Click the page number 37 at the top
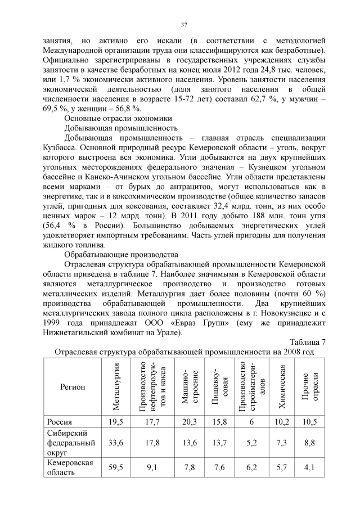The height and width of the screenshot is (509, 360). (184, 25)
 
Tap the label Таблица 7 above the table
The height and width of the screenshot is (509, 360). (307, 342)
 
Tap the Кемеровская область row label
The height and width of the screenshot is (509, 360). (70, 467)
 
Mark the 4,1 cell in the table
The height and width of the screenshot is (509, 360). (310, 467)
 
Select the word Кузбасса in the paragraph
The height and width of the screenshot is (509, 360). (60, 148)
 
